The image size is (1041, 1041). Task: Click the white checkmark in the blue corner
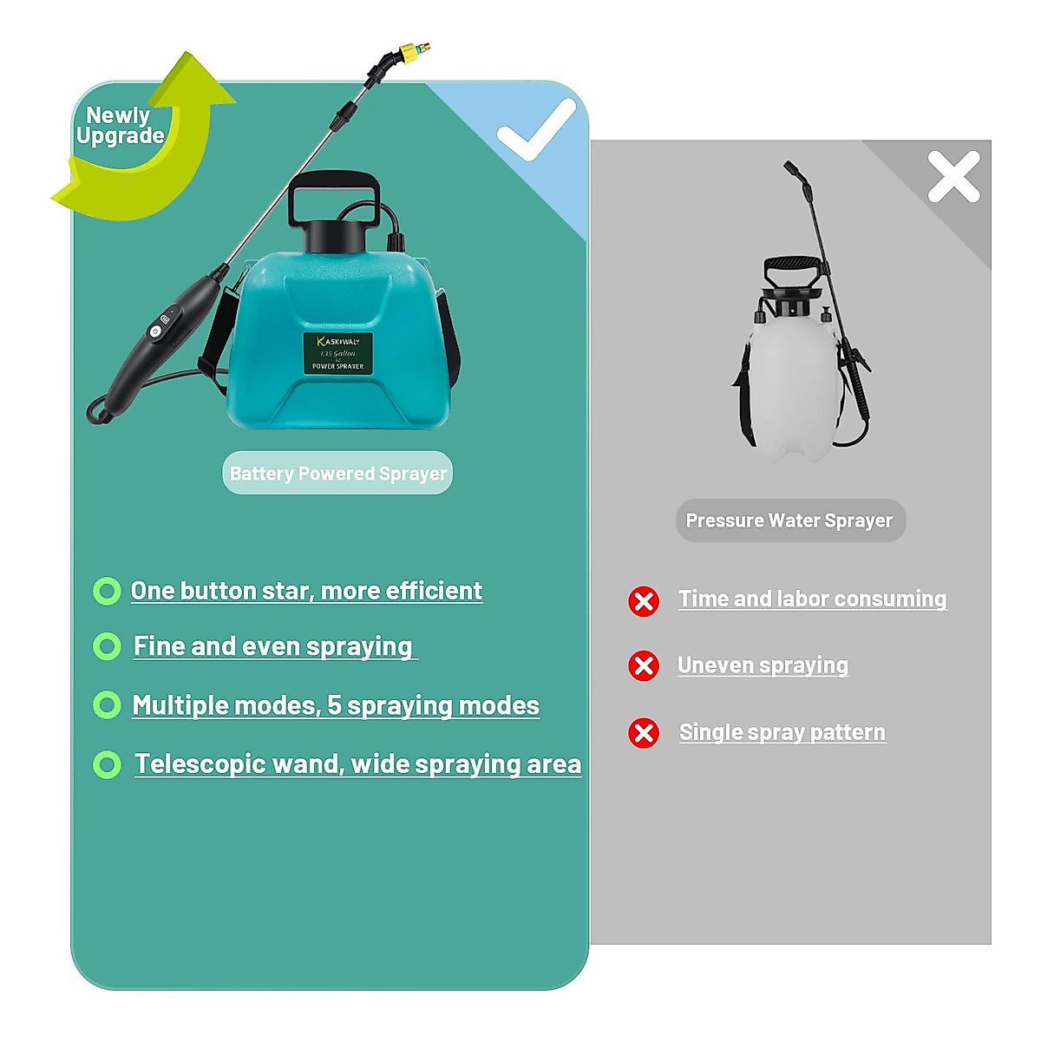(x=535, y=130)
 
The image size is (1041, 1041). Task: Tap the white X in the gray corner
(x=953, y=177)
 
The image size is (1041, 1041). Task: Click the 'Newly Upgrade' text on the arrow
(x=119, y=126)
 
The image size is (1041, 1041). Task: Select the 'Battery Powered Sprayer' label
(x=337, y=474)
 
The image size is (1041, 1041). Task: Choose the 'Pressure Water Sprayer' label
(x=789, y=520)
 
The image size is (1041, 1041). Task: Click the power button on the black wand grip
(x=156, y=331)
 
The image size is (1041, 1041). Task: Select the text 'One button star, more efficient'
(x=306, y=591)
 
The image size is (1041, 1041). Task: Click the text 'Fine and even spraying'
(x=273, y=646)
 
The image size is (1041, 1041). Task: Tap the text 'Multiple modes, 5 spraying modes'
(x=336, y=705)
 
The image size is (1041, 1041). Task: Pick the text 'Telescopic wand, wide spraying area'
(x=357, y=763)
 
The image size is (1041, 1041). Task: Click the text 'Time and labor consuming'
(x=812, y=599)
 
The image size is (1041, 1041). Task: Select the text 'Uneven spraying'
(x=763, y=665)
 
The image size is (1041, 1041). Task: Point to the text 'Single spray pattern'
(x=782, y=732)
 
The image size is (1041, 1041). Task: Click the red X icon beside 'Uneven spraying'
(x=644, y=666)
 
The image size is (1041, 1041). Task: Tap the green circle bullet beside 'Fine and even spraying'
(x=107, y=647)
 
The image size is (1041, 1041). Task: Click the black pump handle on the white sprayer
(x=790, y=265)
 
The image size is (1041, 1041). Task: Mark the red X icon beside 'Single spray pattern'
(x=644, y=733)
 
